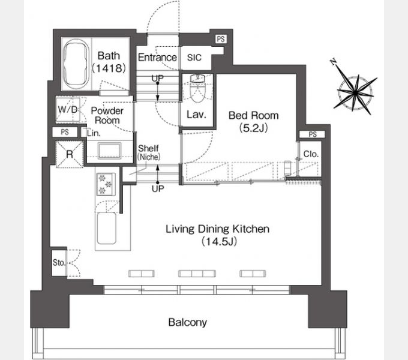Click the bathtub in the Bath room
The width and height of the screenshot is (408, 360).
tap(76, 64)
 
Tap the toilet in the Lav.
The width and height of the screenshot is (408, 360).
tap(197, 89)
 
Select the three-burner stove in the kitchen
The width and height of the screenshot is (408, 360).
tap(106, 184)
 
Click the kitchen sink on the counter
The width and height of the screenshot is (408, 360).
tap(107, 229)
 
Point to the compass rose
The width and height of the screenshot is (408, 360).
tap(355, 92)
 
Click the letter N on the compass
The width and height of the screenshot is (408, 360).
tap(334, 62)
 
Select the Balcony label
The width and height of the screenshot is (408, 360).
tap(188, 322)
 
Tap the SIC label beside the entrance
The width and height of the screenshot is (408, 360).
tap(194, 58)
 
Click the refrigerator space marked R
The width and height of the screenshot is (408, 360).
tap(70, 154)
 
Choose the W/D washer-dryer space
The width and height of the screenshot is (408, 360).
tap(68, 110)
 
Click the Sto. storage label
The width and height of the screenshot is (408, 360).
tap(59, 262)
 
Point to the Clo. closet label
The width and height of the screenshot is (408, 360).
tap(311, 154)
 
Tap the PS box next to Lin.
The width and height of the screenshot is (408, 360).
tap(65, 132)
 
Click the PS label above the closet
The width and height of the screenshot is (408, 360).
tap(313, 134)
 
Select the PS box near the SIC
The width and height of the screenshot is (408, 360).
tap(221, 39)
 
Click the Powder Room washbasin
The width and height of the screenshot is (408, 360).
tap(109, 151)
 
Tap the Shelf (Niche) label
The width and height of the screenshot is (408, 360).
tap(149, 152)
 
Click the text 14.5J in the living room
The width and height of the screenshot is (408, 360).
tap(219, 242)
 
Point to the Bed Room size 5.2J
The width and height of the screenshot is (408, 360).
tap(253, 128)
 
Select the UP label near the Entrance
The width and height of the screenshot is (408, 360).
tap(158, 78)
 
